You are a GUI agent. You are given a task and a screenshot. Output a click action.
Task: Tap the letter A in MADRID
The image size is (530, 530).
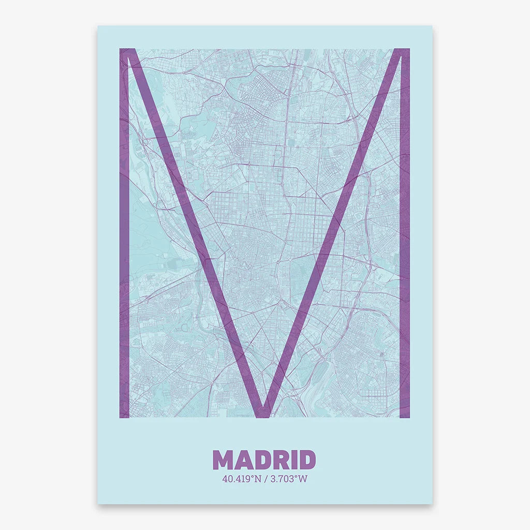[x=245, y=460]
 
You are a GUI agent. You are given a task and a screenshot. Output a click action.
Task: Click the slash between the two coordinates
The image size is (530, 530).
[x=265, y=479]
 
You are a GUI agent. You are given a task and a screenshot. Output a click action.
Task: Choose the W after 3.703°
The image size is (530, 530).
[x=303, y=479]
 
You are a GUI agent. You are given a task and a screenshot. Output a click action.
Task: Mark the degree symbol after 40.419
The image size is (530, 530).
[x=252, y=477]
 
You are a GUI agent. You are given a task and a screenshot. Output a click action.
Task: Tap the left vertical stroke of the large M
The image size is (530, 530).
[x=124, y=233]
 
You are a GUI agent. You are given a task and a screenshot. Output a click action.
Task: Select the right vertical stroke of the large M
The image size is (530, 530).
[x=405, y=233]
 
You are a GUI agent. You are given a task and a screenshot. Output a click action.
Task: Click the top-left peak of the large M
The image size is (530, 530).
[x=128, y=52]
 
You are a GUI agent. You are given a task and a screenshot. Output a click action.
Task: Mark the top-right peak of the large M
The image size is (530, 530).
[x=401, y=52]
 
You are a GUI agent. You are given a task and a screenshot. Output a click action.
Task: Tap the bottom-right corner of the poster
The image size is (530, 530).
[x=431, y=503]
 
